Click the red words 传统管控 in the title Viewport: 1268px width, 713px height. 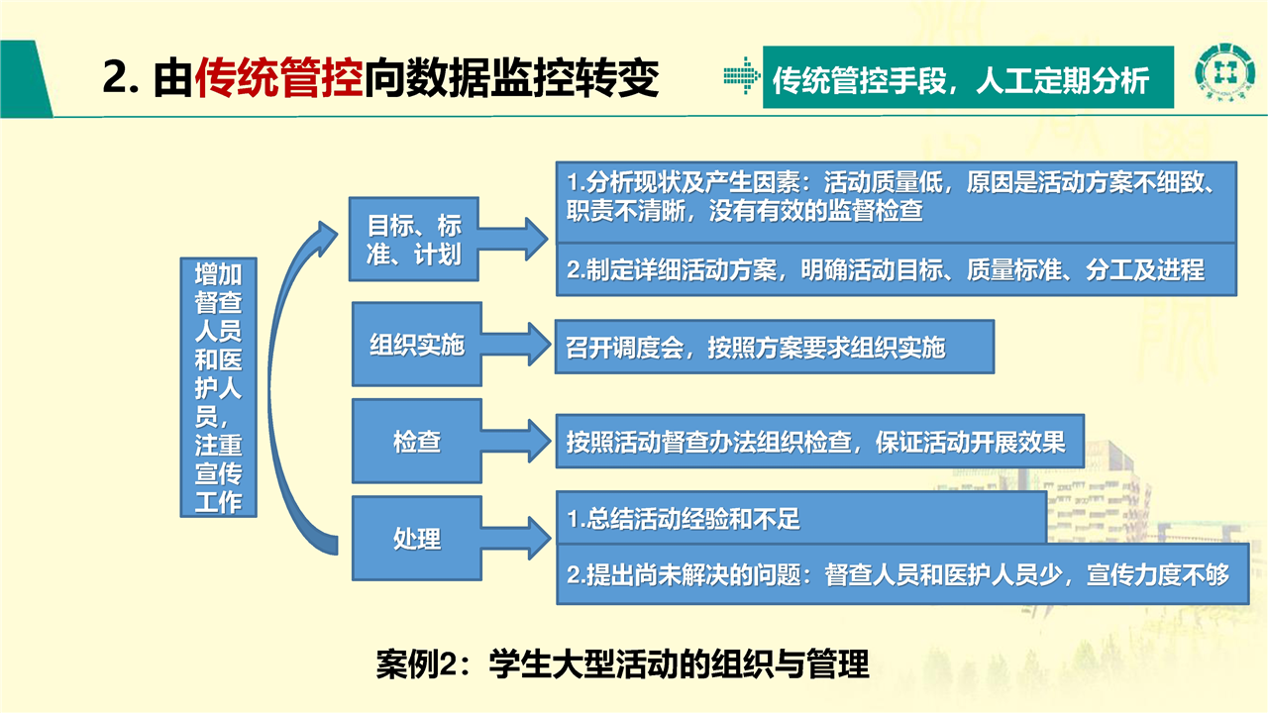(278, 77)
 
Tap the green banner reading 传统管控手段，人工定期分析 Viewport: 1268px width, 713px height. (968, 77)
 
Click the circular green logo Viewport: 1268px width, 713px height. (1224, 73)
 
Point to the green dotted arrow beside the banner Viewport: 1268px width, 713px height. (742, 76)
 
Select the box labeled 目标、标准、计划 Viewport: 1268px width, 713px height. (414, 240)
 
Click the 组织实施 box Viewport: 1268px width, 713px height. (417, 344)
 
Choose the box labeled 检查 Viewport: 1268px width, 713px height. (417, 441)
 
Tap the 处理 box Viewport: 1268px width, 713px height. (417, 538)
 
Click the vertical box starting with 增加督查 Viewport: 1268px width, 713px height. (219, 387)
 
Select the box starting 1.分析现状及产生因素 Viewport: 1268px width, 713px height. (897, 203)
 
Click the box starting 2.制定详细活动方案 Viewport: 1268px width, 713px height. (897, 270)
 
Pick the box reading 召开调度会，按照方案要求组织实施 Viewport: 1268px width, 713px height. (775, 347)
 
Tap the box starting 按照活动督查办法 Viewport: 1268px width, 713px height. (819, 442)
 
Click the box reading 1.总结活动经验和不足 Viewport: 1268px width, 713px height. (801, 518)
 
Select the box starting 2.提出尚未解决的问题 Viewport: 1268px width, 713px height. (902, 574)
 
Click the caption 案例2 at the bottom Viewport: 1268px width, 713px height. (622, 663)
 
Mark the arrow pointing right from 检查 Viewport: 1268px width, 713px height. (516, 442)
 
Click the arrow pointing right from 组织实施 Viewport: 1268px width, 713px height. (516, 344)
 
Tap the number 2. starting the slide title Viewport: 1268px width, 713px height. (121, 77)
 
